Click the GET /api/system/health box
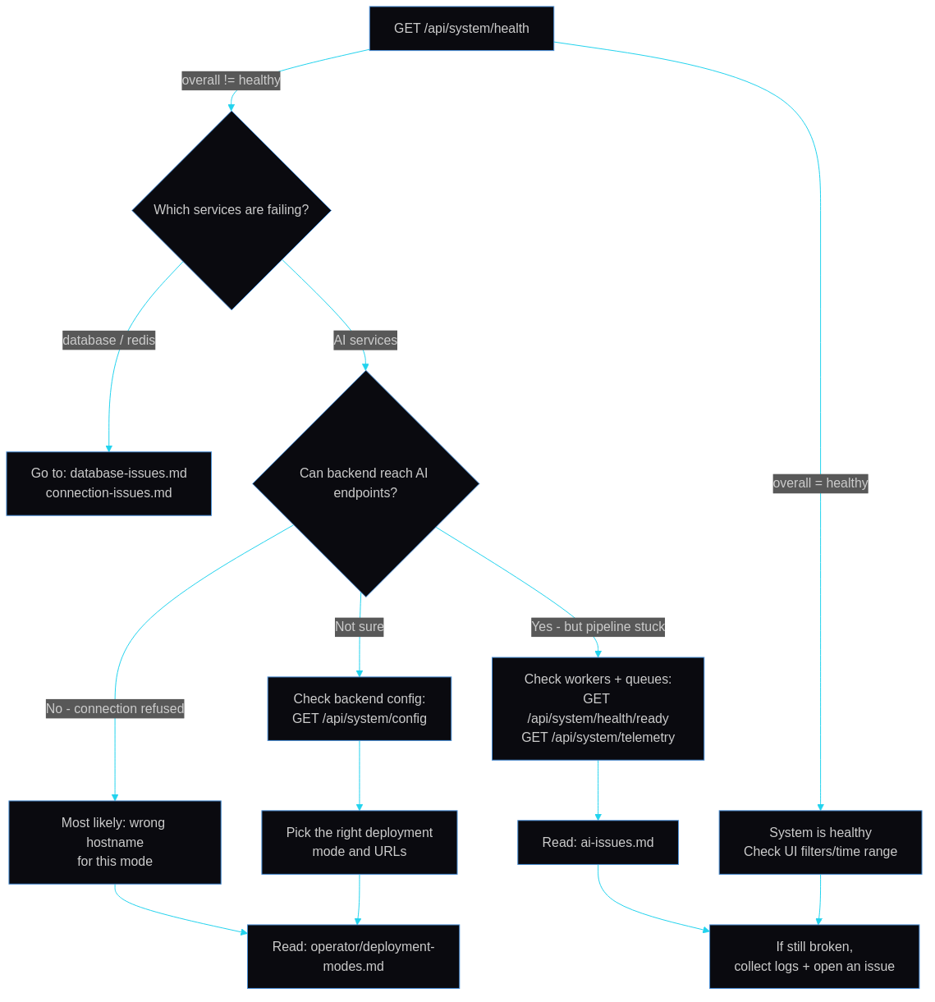[461, 29]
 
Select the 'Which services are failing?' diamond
[231, 210]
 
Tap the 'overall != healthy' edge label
[231, 80]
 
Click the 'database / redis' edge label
[109, 341]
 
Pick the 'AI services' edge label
[365, 341]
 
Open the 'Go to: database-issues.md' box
[109, 483]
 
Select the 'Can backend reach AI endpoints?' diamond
[365, 483]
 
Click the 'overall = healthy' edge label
[820, 483]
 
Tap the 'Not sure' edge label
[360, 627]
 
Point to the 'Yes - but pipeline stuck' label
[598, 627]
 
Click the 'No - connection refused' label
[115, 709]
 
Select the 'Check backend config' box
[360, 709]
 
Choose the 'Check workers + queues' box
[598, 709]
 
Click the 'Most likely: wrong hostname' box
[115, 842]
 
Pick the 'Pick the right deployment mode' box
[360, 842]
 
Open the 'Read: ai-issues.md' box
[598, 843]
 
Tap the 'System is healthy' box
[820, 842]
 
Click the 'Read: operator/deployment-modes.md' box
[353, 957]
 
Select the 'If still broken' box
[814, 957]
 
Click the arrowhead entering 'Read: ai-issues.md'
[598, 816]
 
